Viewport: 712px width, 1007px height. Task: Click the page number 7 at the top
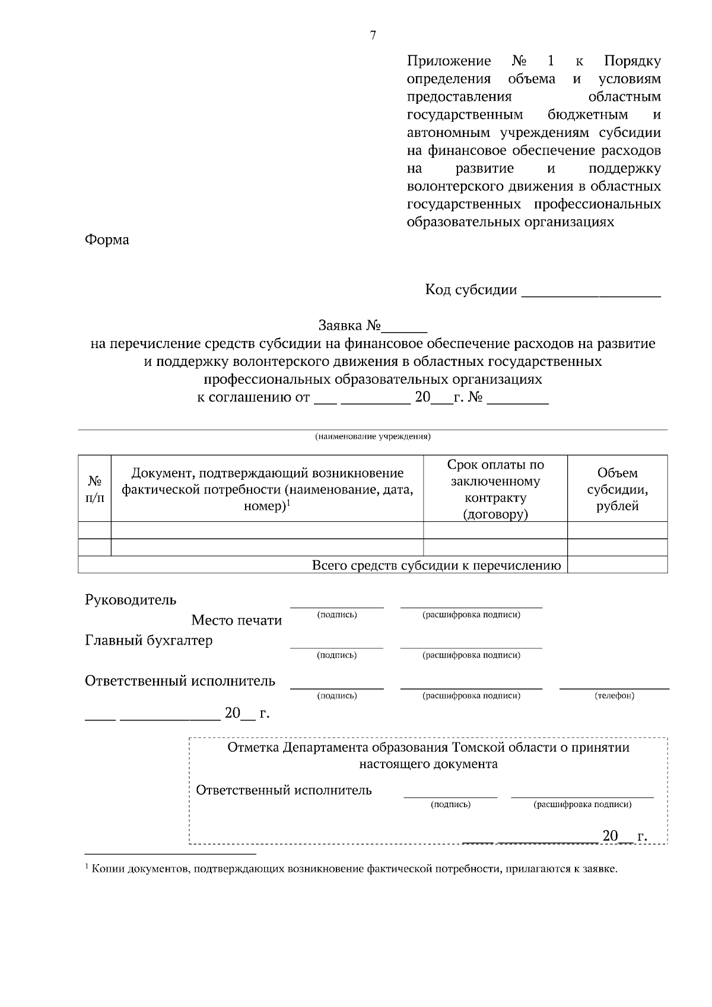tap(373, 36)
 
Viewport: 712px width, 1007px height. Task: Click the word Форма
tap(107, 240)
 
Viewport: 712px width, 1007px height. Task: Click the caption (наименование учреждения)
tap(373, 437)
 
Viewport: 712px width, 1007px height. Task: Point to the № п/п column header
tap(94, 489)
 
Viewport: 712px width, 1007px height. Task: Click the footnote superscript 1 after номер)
tap(288, 503)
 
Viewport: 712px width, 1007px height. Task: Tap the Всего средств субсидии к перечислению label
tap(436, 565)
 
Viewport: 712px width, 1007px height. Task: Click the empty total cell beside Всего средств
tap(617, 565)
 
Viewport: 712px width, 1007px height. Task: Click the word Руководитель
tap(131, 600)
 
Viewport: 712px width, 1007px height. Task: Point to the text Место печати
tap(236, 620)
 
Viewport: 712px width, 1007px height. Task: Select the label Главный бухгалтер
tap(149, 640)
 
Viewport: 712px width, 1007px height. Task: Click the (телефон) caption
tap(614, 696)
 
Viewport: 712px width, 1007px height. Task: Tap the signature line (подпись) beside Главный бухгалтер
tap(336, 648)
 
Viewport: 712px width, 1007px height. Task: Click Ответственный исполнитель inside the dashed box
tap(284, 790)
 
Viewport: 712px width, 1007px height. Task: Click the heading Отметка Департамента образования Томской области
tap(428, 747)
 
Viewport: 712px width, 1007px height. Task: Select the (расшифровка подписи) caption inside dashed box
tap(582, 805)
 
